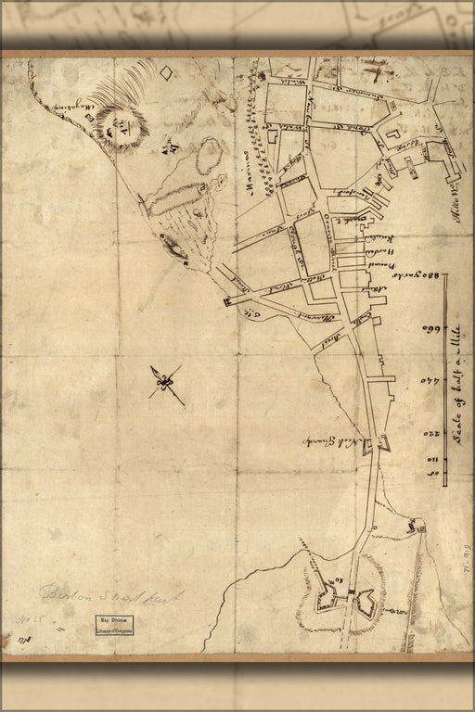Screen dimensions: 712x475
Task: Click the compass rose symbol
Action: [x=167, y=383]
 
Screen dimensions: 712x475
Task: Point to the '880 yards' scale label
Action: [x=428, y=277]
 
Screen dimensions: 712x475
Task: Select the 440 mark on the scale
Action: [x=429, y=380]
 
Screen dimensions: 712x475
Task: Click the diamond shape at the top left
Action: [x=166, y=72]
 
